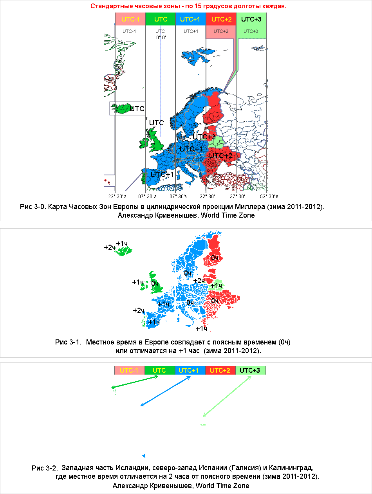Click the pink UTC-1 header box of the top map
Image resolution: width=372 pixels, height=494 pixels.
click(x=130, y=19)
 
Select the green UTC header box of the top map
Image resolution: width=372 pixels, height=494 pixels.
click(x=160, y=19)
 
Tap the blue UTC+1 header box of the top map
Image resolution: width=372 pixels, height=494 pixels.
click(x=190, y=19)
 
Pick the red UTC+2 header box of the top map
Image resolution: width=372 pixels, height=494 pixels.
click(x=221, y=19)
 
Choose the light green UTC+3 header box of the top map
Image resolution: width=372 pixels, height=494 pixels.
click(x=251, y=19)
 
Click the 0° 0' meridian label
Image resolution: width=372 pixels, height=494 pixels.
click(x=161, y=37)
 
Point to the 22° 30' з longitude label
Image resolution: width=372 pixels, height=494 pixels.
click(x=117, y=197)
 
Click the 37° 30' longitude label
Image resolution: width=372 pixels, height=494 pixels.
click(x=237, y=197)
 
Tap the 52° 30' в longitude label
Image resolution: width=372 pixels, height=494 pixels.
click(x=269, y=197)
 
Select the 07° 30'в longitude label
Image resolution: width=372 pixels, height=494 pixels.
click(x=178, y=197)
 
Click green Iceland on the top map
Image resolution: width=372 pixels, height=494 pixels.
click(x=121, y=108)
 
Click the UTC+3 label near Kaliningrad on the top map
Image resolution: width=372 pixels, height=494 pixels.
click(x=204, y=137)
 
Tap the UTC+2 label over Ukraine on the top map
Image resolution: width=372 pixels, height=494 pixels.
click(x=220, y=155)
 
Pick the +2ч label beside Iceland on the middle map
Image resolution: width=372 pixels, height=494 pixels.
click(x=110, y=247)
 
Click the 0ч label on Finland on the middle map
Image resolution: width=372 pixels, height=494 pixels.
click(x=215, y=258)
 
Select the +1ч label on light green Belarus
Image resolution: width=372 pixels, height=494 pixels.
click(x=216, y=286)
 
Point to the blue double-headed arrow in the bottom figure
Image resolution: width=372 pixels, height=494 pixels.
click(x=165, y=391)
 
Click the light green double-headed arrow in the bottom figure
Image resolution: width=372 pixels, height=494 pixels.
click(x=227, y=396)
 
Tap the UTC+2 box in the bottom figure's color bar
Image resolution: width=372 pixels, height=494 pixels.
click(x=220, y=370)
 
